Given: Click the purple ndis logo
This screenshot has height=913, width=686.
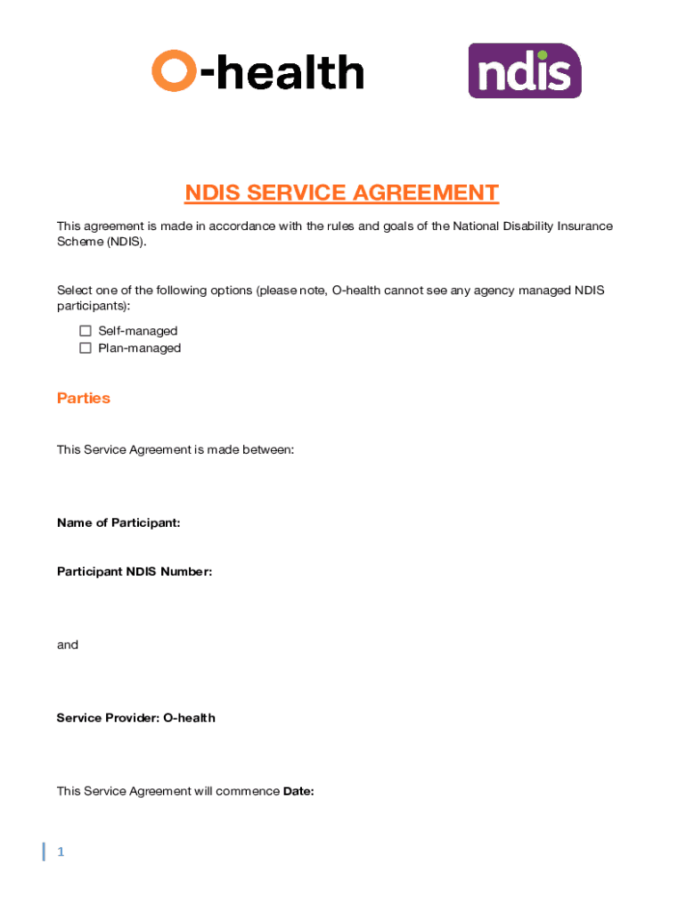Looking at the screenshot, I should click(525, 70).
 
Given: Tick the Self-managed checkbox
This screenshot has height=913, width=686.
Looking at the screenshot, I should click(86, 331).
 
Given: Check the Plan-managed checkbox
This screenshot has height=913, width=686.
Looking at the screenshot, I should click(86, 348).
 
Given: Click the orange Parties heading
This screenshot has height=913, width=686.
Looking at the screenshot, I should click(84, 399).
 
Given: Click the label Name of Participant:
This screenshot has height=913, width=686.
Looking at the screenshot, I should click(118, 522).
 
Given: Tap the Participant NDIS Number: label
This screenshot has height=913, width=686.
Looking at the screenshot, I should click(135, 572).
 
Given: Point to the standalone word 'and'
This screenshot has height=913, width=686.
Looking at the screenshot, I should click(68, 645).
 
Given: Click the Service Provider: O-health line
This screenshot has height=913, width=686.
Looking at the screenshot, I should click(135, 718).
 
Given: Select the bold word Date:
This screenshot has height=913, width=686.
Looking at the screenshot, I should click(298, 791).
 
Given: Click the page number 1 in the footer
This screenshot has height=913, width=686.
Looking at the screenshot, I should click(61, 852).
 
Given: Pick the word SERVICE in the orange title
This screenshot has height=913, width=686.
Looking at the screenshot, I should click(291, 193).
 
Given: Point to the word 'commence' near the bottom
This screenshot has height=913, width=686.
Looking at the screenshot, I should click(248, 791).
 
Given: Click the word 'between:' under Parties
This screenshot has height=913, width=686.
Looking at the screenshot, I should click(267, 450).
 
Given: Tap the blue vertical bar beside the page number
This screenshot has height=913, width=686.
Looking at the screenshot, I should click(44, 851).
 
